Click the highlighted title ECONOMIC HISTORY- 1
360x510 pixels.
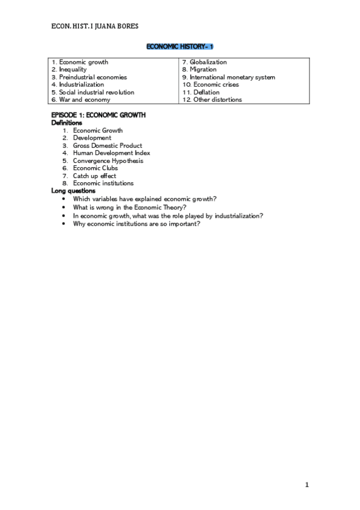[180, 46]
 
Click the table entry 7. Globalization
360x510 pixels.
[204, 62]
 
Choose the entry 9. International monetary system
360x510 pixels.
[228, 77]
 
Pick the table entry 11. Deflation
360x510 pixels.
[203, 92]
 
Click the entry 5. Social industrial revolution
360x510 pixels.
[93, 92]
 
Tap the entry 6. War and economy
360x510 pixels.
[81, 100]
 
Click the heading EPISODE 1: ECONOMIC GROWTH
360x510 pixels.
[99, 115]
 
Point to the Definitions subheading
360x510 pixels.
[67, 123]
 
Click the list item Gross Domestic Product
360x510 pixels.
[108, 146]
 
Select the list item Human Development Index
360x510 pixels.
[111, 153]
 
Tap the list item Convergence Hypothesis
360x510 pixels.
[108, 161]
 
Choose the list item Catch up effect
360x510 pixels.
[95, 176]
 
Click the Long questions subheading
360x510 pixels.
[73, 191]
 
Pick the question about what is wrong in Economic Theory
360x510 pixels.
[129, 206]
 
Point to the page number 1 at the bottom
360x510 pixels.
[307, 485]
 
